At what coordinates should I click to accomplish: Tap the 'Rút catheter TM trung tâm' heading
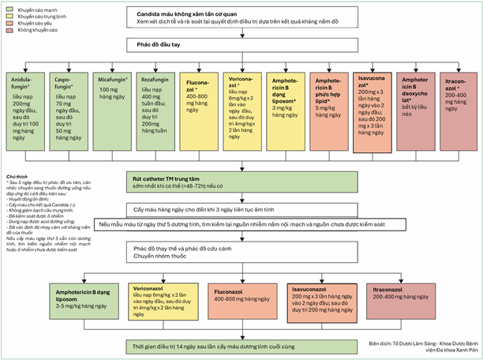click(x=176, y=180)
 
